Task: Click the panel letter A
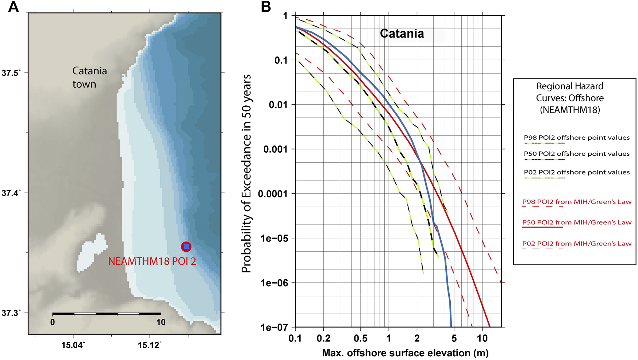(x=14, y=7)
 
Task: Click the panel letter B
(x=266, y=7)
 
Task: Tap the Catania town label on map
(x=89, y=77)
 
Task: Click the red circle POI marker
(x=186, y=247)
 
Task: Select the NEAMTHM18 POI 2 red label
(x=152, y=261)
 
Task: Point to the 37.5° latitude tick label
(x=10, y=73)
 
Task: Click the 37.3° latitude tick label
(x=10, y=313)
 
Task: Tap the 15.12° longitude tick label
(x=150, y=345)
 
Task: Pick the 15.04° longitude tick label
(x=73, y=345)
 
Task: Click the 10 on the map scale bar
(x=161, y=322)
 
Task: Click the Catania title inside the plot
(x=402, y=34)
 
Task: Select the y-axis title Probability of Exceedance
(x=247, y=173)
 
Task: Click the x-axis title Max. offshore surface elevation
(x=405, y=353)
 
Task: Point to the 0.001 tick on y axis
(x=276, y=149)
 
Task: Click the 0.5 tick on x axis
(x=360, y=338)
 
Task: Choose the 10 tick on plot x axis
(x=482, y=338)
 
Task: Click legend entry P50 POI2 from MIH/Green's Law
(x=577, y=222)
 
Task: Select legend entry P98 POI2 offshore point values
(x=577, y=138)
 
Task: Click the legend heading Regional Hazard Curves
(x=570, y=98)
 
